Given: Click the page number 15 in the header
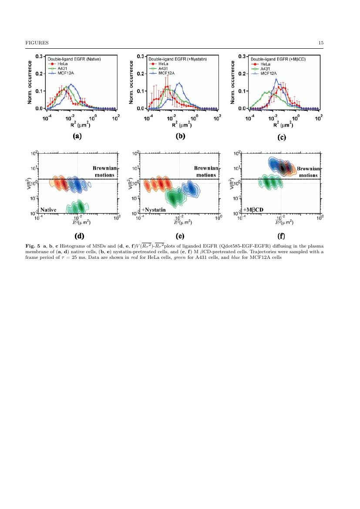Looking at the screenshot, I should click(321, 43).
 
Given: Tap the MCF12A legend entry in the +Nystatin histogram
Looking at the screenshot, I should click(162, 73).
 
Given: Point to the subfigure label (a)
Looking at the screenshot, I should click(77, 136).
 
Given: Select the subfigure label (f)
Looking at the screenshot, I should click(282, 237).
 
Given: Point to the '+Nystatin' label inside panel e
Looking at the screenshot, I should click(152, 210).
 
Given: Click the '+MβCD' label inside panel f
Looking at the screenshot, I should click(253, 210).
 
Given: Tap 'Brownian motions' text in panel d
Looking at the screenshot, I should click(104, 171).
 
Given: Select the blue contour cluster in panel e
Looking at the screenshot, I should click(190, 188).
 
